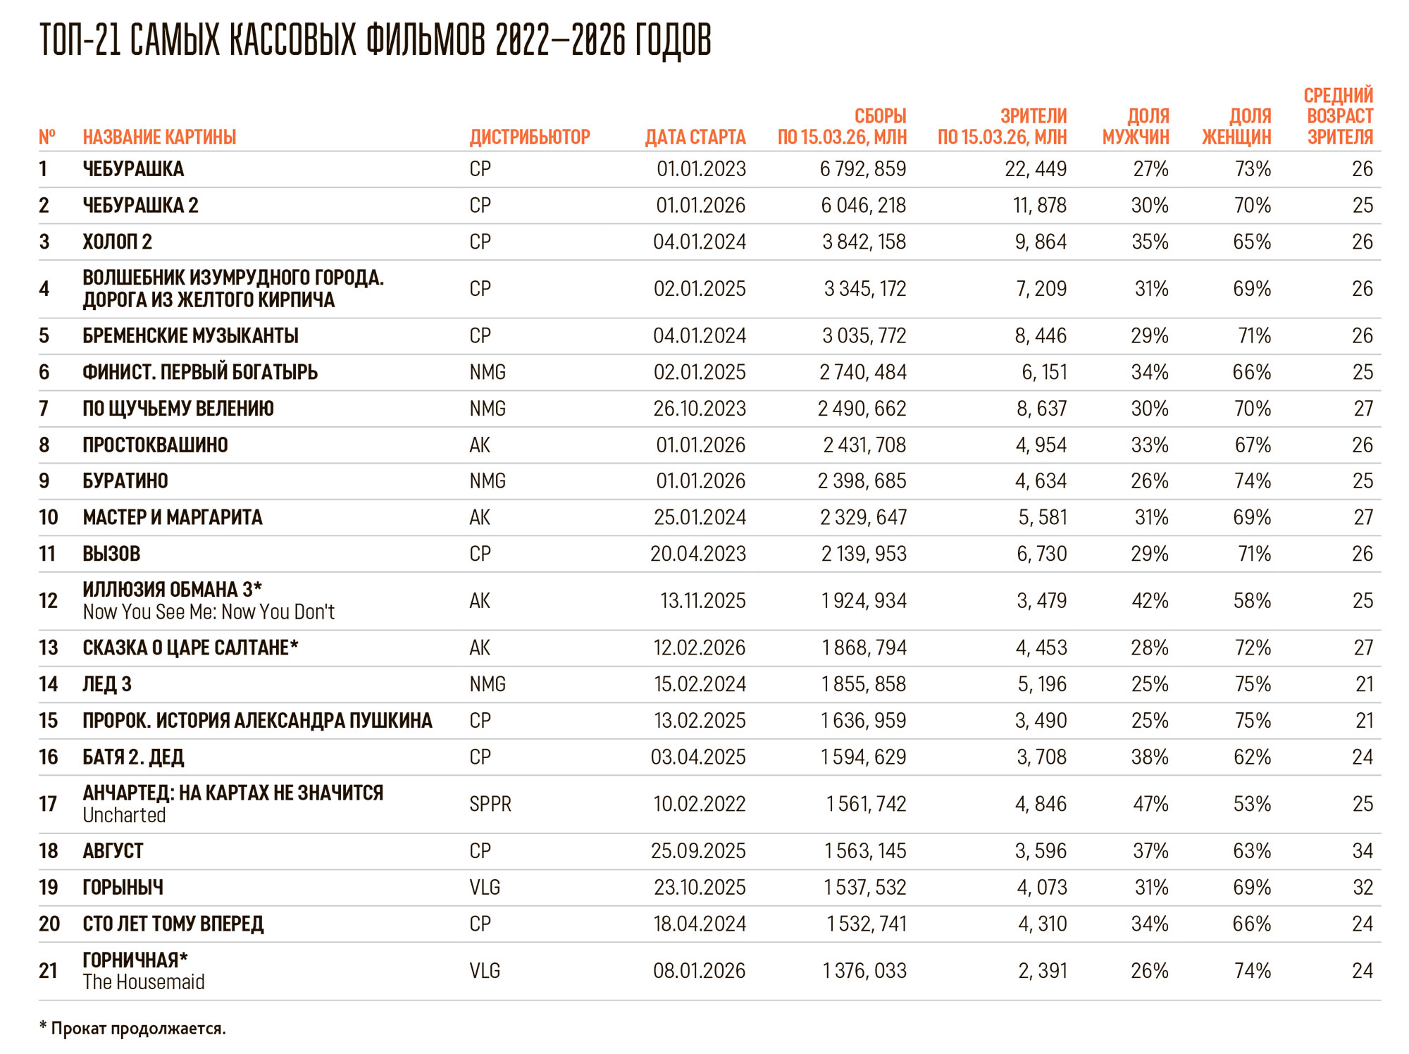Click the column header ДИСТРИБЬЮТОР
click(x=530, y=137)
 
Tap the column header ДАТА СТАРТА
click(x=695, y=137)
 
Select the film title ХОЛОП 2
click(x=117, y=242)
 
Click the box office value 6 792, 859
click(x=863, y=169)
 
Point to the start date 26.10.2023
click(x=699, y=409)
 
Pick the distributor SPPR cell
click(x=490, y=804)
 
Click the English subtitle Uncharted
click(x=124, y=815)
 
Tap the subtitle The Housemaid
click(x=144, y=982)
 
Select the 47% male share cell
click(x=1150, y=804)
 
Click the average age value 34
click(x=1363, y=851)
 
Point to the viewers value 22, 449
click(x=1036, y=169)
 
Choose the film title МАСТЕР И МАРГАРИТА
click(x=173, y=518)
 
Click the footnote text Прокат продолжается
click(x=138, y=1029)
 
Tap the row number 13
click(x=49, y=647)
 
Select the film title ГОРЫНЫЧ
click(x=123, y=888)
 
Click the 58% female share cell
click(x=1252, y=601)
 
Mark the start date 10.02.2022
click(x=699, y=804)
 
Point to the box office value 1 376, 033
click(x=864, y=971)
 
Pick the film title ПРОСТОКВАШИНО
click(x=155, y=445)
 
